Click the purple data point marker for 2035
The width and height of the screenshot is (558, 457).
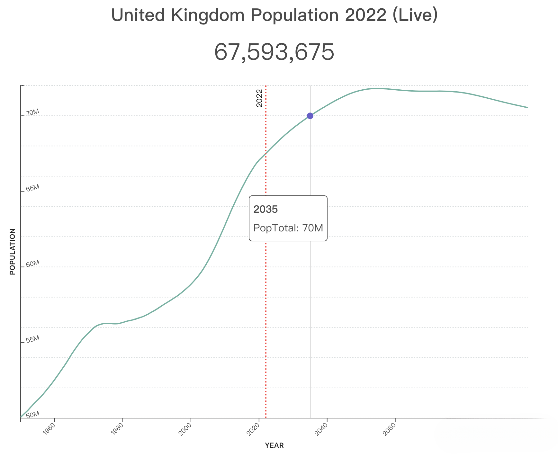[x=310, y=116]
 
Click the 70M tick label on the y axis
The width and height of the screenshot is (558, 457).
[x=32, y=113]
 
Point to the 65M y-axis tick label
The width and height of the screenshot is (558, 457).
[x=32, y=188]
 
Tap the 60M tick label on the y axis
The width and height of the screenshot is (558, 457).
[x=32, y=264]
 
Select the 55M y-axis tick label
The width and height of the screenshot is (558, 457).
[x=32, y=339]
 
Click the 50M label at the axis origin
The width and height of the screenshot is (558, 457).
[x=32, y=415]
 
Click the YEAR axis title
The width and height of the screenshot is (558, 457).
[x=274, y=445]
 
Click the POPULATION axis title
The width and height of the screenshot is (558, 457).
[x=13, y=251]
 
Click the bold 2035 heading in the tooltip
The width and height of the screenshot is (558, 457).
[x=265, y=210]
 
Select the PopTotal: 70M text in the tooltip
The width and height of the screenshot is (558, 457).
[x=288, y=228]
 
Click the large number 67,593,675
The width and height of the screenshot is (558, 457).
[x=274, y=52]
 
